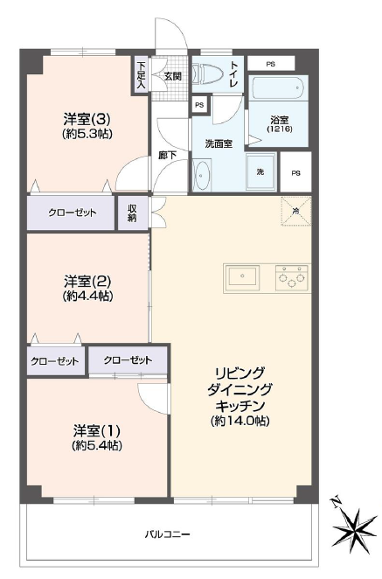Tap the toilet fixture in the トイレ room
208,74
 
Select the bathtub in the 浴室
277,89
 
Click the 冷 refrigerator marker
295,211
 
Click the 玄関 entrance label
172,76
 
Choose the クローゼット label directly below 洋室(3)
71,213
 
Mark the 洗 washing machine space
260,171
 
